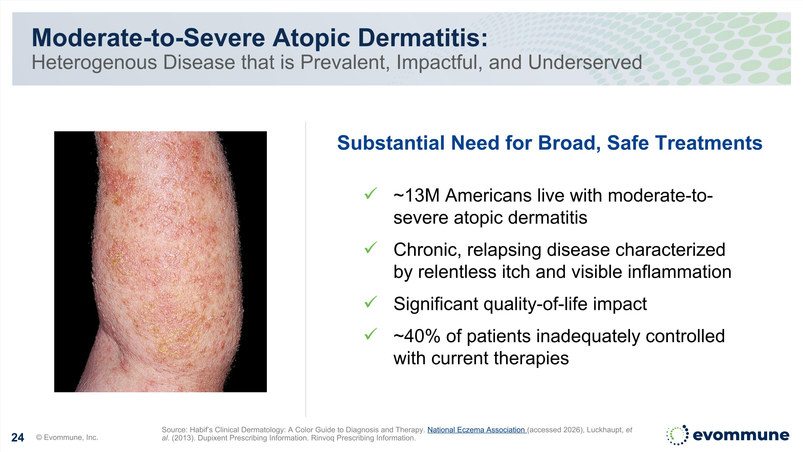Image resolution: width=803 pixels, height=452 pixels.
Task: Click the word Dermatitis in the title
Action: coord(423,38)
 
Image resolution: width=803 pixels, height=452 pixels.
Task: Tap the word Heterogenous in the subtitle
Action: coord(94,62)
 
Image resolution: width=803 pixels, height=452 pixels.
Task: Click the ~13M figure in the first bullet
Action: coord(416,196)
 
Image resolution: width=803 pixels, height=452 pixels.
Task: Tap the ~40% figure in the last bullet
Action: coord(417,336)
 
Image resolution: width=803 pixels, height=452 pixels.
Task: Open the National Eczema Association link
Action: coord(477,430)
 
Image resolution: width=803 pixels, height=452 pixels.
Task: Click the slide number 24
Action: coord(17,438)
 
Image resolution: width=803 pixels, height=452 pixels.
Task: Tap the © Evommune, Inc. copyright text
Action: coord(67,437)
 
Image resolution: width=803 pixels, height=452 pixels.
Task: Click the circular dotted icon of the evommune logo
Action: coord(677,435)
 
